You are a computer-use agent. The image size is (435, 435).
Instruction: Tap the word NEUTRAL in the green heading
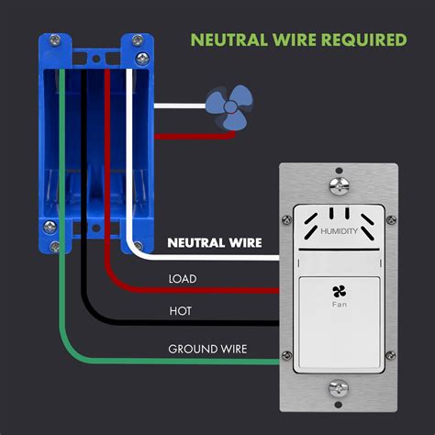pyautogui.click(x=227, y=40)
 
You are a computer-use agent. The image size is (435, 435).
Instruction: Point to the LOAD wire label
pyautogui.click(x=184, y=278)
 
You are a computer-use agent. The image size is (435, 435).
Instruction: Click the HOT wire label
pyautogui.click(x=180, y=312)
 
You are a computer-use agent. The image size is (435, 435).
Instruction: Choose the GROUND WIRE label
pyautogui.click(x=206, y=348)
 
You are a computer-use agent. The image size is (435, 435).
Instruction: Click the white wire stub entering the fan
pyautogui.click(x=179, y=106)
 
